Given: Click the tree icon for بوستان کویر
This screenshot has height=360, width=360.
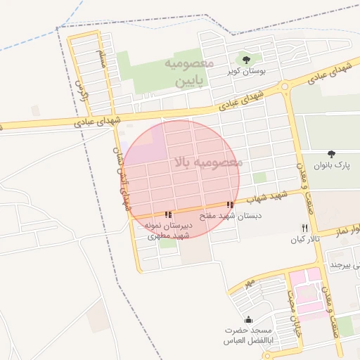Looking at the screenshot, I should (x=245, y=59).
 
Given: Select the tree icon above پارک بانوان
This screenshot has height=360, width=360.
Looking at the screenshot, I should (x=332, y=153).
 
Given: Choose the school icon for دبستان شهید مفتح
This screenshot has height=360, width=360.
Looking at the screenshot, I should (x=231, y=205).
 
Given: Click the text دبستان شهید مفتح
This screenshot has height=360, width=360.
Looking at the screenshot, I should (x=231, y=217).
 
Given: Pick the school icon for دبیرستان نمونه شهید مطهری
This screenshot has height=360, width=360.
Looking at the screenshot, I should (x=167, y=214).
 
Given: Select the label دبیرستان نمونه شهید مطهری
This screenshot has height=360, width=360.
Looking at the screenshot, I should (x=167, y=231).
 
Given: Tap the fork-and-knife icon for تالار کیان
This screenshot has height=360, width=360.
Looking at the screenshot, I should (x=304, y=228).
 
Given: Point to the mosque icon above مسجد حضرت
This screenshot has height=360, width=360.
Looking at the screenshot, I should (x=247, y=320).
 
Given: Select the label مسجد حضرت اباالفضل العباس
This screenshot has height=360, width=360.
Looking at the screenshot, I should (x=247, y=335).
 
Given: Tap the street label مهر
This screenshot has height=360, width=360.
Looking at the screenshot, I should (x=248, y=283).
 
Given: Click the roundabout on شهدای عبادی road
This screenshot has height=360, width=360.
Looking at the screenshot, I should (x=284, y=87).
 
